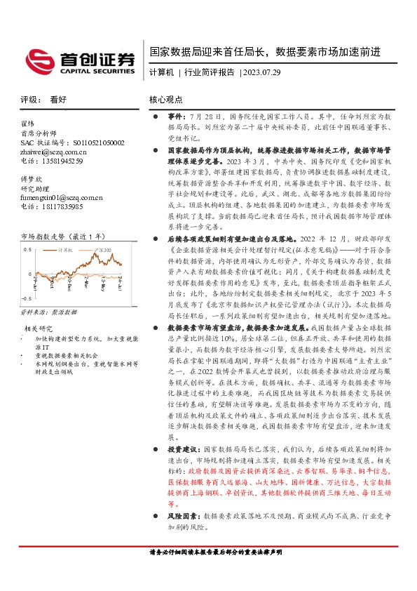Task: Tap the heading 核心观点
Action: click(x=166, y=100)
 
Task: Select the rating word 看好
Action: click(x=59, y=100)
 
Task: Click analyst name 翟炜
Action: click(x=29, y=123)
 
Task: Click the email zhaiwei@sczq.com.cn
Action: click(x=54, y=151)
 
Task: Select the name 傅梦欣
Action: click(x=32, y=179)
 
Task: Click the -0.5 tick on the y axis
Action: click(x=26, y=298)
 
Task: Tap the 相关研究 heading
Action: click(x=39, y=328)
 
